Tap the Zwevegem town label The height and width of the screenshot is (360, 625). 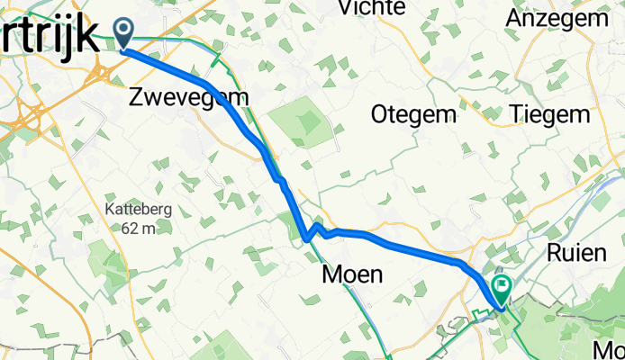coord(188,96)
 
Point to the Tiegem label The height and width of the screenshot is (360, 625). coord(549,115)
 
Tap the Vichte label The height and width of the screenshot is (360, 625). coord(369,8)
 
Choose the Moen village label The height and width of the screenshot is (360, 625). coord(355,274)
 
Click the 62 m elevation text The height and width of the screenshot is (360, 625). coord(137,229)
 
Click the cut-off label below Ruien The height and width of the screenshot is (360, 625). coord(611,348)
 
